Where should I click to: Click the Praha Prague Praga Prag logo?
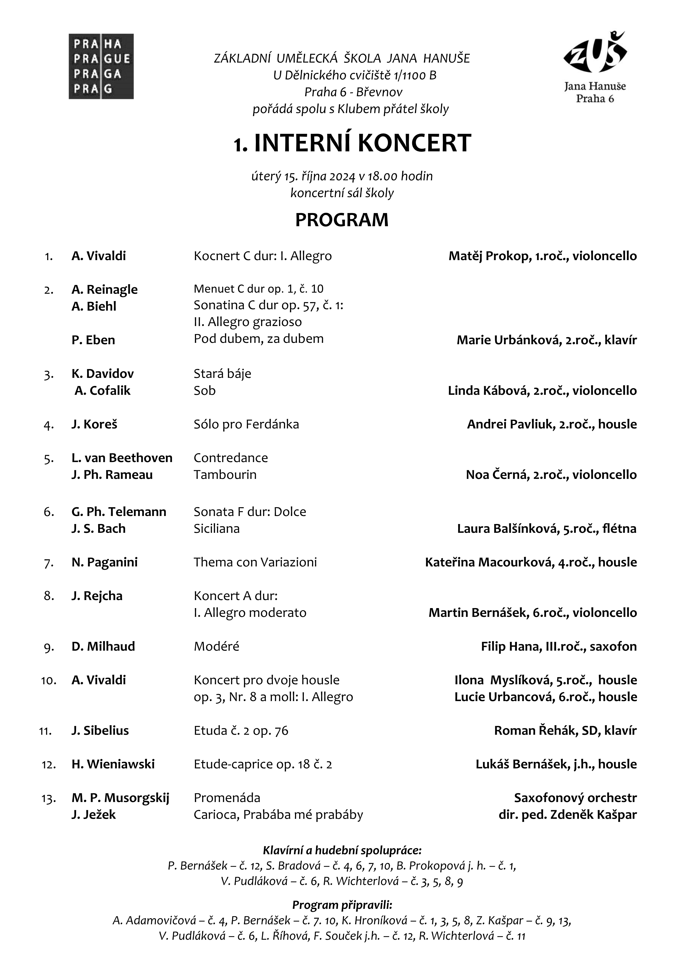pos(101,66)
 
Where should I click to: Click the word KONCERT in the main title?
pos(415,143)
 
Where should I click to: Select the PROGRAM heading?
pos(342,220)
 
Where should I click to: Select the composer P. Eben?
pos(93,340)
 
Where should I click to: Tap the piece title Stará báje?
pos(222,374)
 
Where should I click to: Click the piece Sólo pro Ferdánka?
pos(246,424)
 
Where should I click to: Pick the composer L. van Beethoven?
pos(122,458)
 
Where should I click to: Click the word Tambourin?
pos(225,475)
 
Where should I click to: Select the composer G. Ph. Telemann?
pos(119,512)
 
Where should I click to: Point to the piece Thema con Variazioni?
pos(255,562)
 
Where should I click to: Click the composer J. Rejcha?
pos(97,596)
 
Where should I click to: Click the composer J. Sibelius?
pos(100,731)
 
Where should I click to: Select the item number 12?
pos(49,764)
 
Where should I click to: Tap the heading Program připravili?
pos(342,905)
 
